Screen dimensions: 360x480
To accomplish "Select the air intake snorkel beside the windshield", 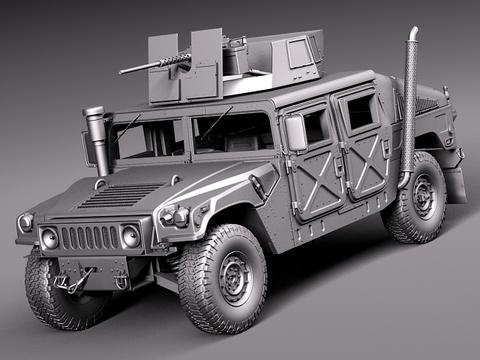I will coord(98,140).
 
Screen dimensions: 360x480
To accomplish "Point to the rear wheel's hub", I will coord(422,199).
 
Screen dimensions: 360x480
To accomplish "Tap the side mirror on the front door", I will coord(296,132).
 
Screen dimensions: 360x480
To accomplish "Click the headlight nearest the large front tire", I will coord(130,237).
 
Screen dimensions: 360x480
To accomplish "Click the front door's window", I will coord(314,127).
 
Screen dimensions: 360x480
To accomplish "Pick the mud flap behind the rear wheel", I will coord(456,182).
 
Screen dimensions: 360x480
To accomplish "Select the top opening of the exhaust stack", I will coord(413,32).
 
